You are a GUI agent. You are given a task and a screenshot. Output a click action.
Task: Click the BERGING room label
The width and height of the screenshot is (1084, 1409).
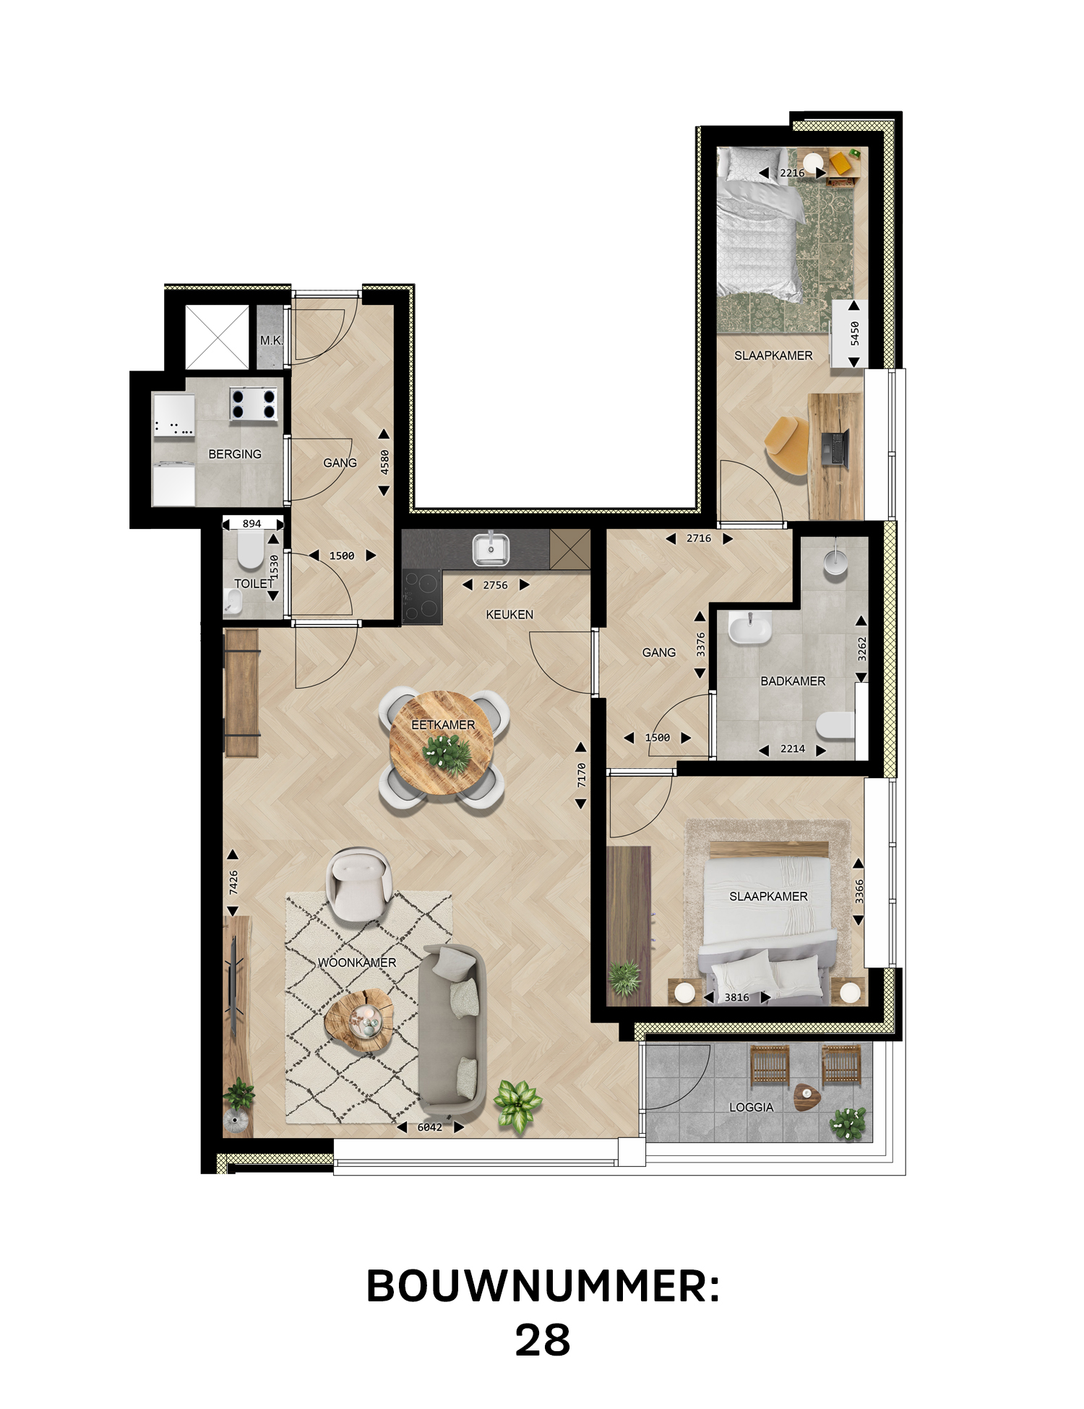coord(235,454)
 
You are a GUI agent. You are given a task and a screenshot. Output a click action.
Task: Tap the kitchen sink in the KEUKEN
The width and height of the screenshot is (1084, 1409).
coord(491,549)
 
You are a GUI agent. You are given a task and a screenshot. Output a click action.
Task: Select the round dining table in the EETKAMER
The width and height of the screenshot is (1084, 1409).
coord(442,743)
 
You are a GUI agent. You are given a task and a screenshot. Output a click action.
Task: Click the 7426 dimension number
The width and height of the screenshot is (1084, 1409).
coord(233,882)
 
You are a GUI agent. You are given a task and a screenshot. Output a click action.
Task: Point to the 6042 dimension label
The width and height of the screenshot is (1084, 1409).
coord(429,1127)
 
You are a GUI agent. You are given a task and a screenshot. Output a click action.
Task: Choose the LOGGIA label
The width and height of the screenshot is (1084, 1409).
coord(752,1107)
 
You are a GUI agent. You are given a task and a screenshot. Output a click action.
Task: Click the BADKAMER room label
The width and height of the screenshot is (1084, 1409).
coord(793,681)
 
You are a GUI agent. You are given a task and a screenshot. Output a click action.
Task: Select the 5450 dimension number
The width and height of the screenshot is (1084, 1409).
coord(855,333)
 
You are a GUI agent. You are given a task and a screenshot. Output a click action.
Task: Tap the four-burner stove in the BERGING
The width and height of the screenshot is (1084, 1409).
coord(254,404)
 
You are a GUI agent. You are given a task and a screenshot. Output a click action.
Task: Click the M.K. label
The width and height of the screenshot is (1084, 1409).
coord(272,340)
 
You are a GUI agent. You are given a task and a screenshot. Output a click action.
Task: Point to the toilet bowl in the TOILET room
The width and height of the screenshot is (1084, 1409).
coord(251,553)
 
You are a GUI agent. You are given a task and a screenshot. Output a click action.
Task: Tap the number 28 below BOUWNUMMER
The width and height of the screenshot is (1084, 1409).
coord(543,1340)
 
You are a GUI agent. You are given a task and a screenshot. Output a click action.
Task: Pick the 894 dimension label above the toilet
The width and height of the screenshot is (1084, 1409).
coord(252,524)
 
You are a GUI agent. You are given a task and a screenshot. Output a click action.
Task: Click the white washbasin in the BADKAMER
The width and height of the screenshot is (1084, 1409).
coord(749,627)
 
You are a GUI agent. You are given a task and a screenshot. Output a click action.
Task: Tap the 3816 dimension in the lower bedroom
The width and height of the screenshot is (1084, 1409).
coord(737,997)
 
